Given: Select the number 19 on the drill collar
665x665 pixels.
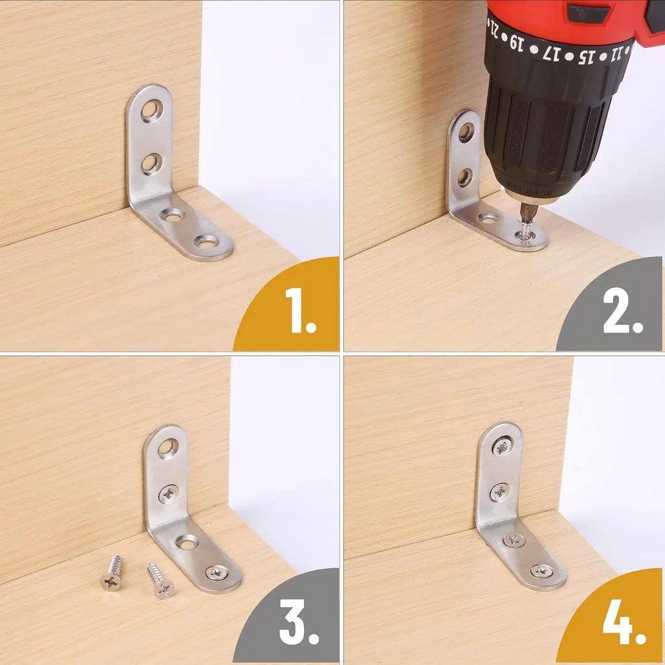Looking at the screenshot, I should coord(516,44).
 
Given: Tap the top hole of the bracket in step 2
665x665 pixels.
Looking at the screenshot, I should coord(466,132).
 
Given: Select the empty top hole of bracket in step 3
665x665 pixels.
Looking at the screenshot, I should coord(168,447).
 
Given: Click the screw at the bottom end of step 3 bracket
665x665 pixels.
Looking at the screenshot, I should coord(216,572).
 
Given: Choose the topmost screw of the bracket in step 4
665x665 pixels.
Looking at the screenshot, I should coord(501,447).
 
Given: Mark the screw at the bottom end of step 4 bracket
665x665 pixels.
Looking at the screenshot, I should coord(541,571).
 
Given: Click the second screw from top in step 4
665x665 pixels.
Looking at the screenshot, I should coord(499,492).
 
